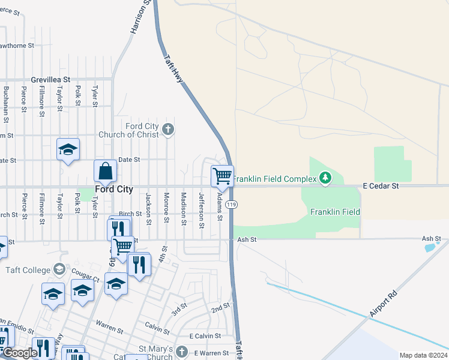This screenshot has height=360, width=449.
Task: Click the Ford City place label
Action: pyautogui.click(x=114, y=189)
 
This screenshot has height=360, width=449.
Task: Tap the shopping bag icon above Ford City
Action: pyautogui.click(x=106, y=171)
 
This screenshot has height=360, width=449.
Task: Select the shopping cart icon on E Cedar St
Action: pyautogui.click(x=222, y=176)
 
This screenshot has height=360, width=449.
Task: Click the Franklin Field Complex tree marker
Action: pyautogui.click(x=325, y=178)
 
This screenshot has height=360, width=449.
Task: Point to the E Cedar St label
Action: pyautogui.click(x=381, y=187)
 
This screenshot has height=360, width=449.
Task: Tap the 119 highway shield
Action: pyautogui.click(x=232, y=205)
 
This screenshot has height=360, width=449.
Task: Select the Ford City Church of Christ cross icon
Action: pyautogui.click(x=168, y=129)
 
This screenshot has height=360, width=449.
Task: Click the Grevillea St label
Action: pyautogui.click(x=51, y=79)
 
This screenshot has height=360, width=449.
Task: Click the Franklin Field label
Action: pyautogui.click(x=335, y=212)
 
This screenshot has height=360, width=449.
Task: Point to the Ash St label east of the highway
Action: pyautogui.click(x=247, y=239)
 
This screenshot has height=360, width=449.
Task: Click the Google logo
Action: pyautogui.click(x=20, y=353)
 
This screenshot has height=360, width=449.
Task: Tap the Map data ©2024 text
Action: pyautogui.click(x=423, y=355)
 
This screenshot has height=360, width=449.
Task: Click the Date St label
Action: pyautogui.click(x=128, y=160)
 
